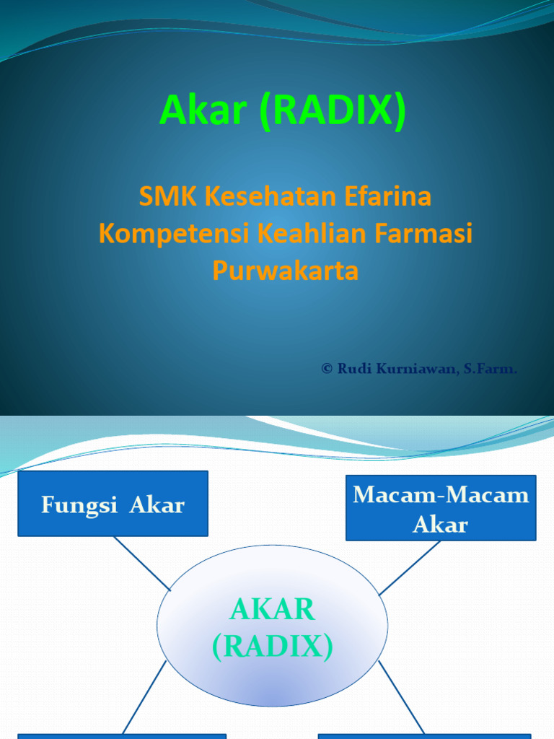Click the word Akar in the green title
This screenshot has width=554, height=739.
pos(204,111)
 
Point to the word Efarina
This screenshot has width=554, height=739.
pos(396,196)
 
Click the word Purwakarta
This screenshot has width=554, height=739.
pos(286,271)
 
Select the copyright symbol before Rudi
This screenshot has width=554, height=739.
pos(327,369)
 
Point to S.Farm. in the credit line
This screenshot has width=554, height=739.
pos(490,369)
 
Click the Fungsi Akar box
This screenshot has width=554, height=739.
pos(113,504)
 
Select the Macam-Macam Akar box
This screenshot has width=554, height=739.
pos(441,507)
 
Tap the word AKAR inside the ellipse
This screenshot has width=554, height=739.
pos(273,611)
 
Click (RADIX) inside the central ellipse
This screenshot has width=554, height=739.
pos(273,647)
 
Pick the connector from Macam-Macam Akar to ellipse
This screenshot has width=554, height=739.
pos(410,567)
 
